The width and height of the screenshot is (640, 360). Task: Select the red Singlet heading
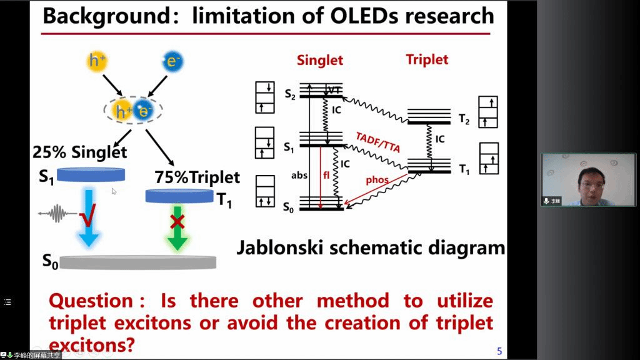(320, 61)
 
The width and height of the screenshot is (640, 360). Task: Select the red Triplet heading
(427, 59)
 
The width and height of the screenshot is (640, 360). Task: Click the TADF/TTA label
(377, 143)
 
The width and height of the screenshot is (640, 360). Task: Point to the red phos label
(377, 180)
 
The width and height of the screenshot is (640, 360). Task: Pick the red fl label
(326, 176)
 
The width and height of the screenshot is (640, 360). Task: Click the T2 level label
(463, 120)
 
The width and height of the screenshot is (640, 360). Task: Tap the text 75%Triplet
(197, 177)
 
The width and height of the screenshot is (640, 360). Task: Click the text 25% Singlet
(79, 151)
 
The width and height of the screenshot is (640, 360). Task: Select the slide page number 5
(499, 351)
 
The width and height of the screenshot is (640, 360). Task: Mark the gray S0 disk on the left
(138, 262)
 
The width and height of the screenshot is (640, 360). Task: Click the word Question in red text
(91, 301)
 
